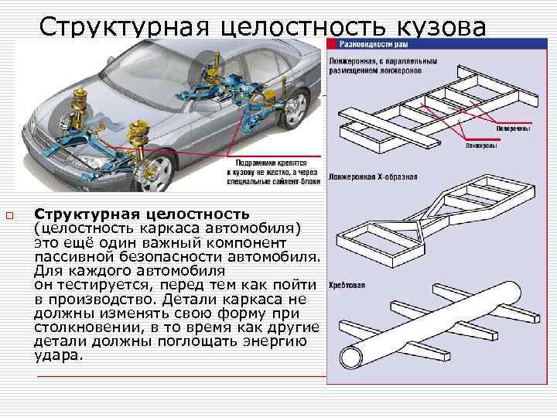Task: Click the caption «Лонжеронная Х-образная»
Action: tap(373, 176)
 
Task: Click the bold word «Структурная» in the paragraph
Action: tap(87, 214)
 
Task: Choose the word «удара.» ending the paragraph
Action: tap(57, 355)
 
